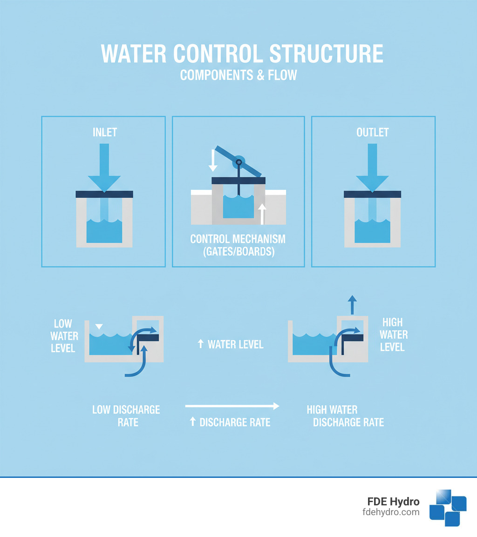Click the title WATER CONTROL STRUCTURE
242,54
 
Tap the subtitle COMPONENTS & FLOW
238,75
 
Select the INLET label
104,132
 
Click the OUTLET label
372,132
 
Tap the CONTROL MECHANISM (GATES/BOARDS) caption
238,245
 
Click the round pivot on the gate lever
239,162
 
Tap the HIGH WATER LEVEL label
392,335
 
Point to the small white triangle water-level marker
97,326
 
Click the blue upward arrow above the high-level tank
353,305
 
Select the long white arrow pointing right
232,406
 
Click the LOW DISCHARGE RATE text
126,416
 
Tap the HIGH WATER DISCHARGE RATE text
345,416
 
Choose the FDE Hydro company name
393,502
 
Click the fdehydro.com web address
390,512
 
